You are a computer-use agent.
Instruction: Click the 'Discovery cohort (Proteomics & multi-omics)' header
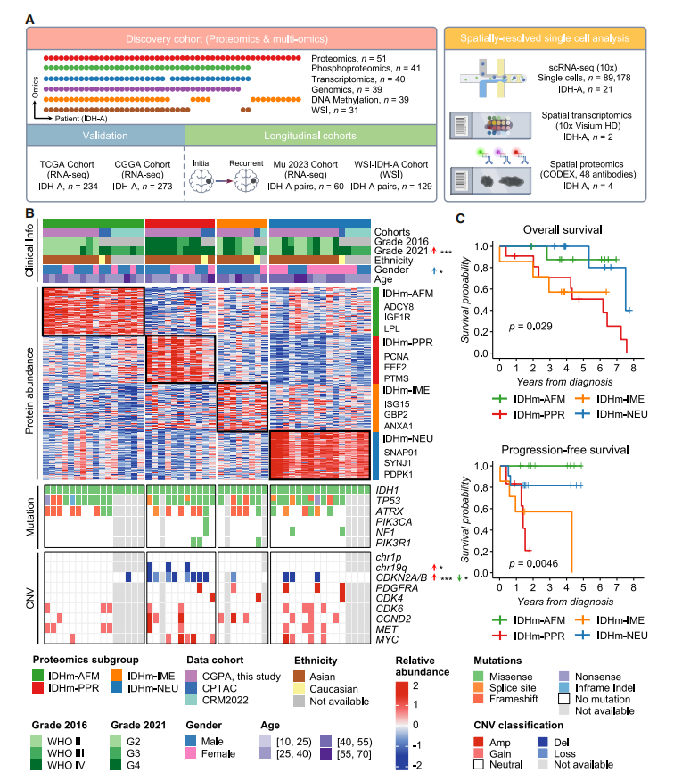[233, 39]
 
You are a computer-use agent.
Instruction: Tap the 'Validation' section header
[105, 136]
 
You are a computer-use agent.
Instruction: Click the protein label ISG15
[397, 403]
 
